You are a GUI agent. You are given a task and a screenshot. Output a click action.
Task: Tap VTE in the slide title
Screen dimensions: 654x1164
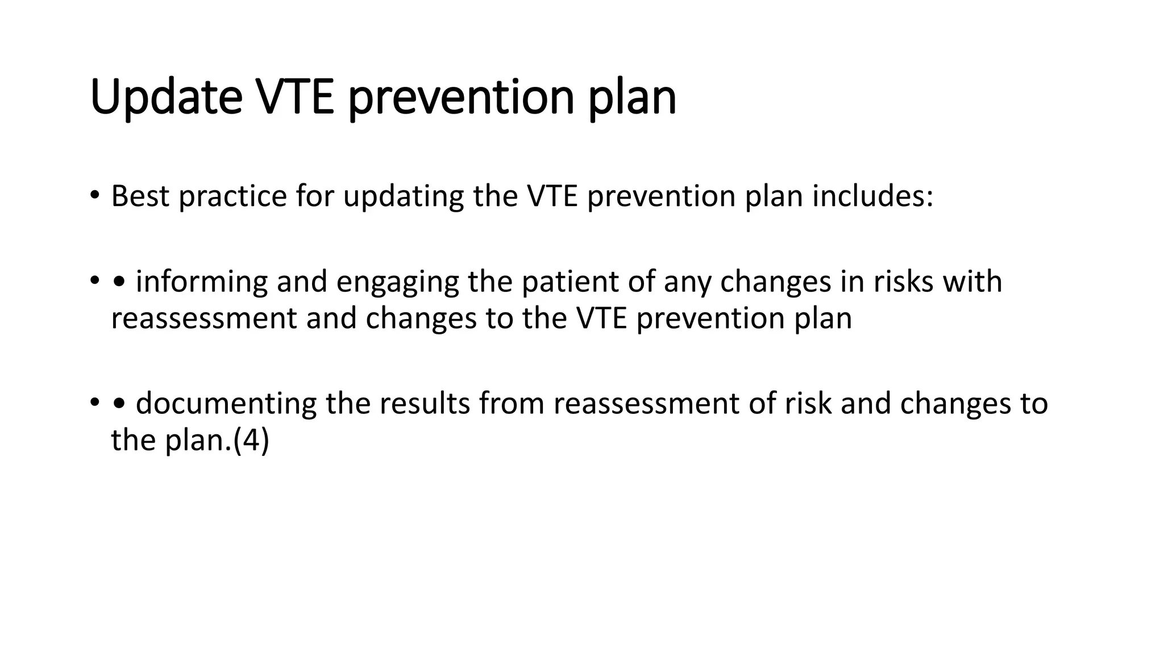[x=294, y=97]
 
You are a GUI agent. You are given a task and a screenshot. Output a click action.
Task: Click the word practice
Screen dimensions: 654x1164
[x=233, y=196]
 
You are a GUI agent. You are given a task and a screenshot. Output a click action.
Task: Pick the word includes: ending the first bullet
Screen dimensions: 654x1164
[x=872, y=196]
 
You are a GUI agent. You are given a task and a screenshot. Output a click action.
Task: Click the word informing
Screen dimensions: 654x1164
[x=202, y=282]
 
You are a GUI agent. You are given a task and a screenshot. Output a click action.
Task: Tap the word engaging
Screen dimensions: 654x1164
[x=397, y=282]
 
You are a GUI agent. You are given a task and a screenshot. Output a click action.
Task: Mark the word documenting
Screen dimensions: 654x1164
[x=226, y=404]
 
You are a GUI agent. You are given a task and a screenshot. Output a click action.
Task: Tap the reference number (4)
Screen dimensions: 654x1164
[x=251, y=440]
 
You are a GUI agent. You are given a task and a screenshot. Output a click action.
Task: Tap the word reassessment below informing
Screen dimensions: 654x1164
[x=203, y=318]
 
